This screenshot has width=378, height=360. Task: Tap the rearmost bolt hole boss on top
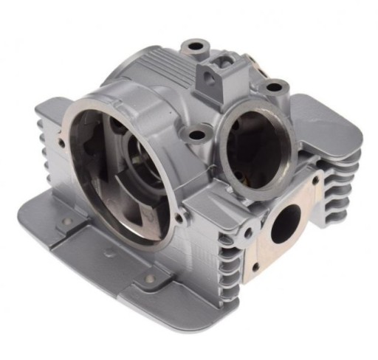195,46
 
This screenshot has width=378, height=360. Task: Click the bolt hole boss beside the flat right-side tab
274,88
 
